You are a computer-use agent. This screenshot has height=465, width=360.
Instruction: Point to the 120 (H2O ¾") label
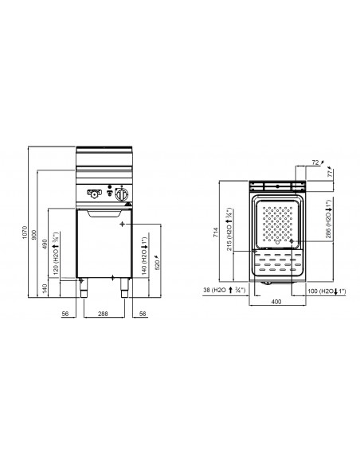click(x=55, y=256)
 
